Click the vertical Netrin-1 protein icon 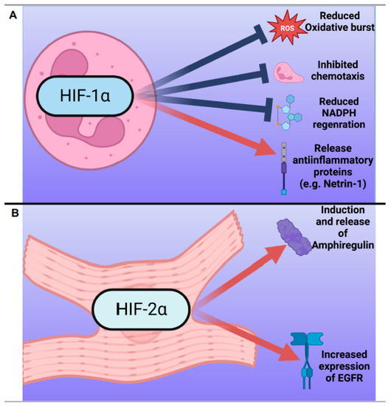point(285,169)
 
